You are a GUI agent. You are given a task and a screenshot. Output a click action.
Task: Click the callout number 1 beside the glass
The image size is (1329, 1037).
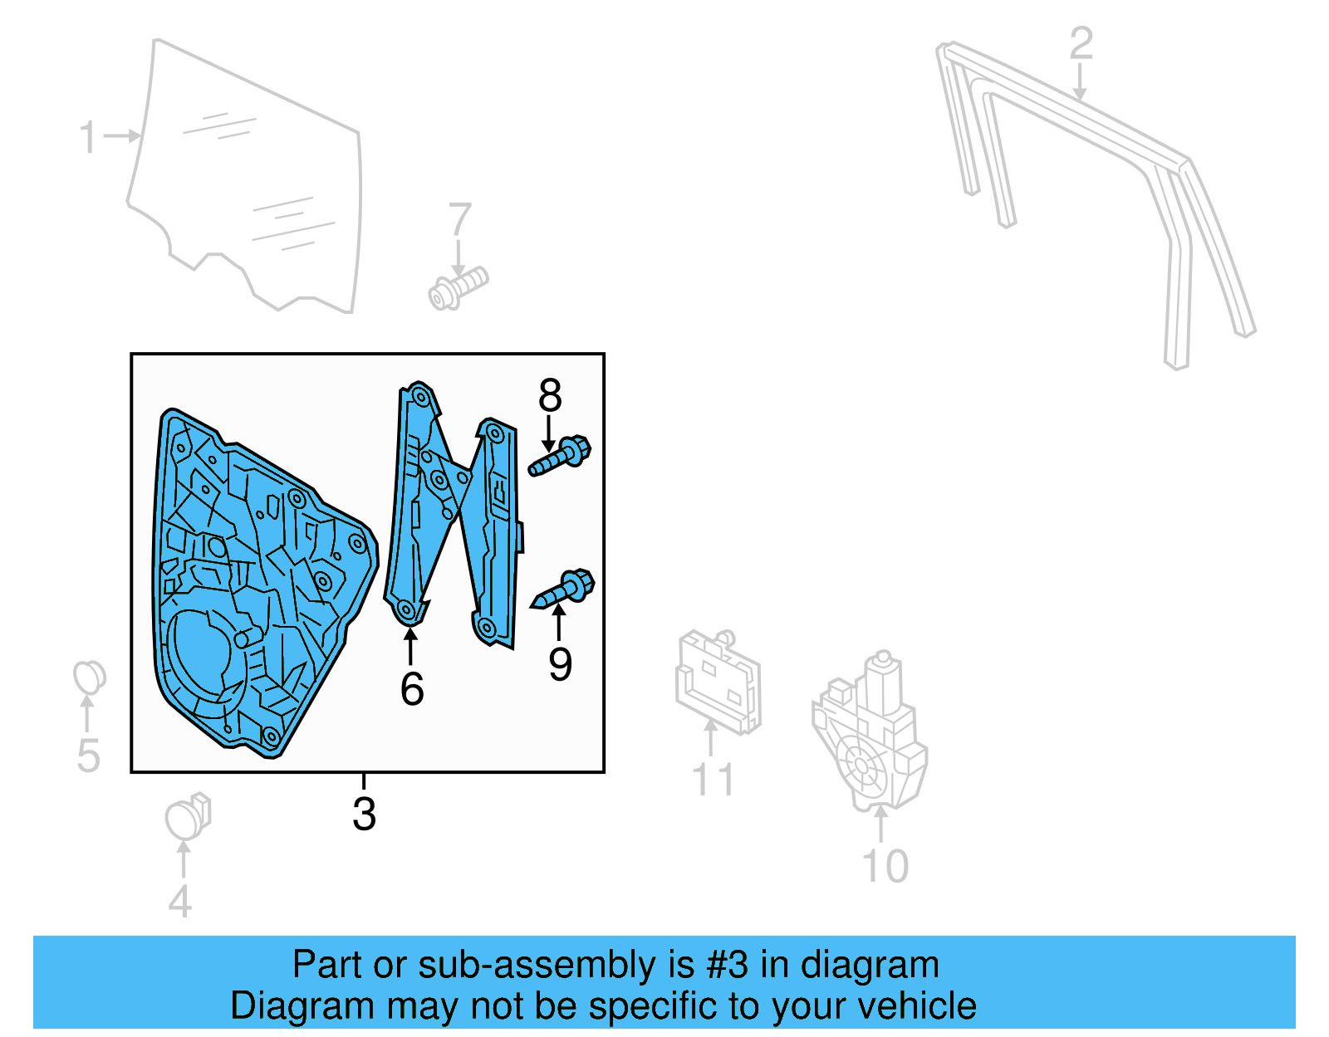click(87, 138)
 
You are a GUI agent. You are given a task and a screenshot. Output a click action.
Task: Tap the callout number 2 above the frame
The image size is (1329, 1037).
click(1080, 43)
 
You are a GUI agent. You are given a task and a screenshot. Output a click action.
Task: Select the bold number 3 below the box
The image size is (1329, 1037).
click(364, 814)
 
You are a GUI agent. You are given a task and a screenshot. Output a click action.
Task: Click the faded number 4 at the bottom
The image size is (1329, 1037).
click(180, 901)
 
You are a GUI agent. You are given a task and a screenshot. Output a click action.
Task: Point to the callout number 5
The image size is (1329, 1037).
click(88, 756)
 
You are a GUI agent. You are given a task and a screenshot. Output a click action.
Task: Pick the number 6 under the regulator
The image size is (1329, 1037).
click(412, 689)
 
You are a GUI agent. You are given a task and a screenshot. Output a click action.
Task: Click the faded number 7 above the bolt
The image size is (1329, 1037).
click(459, 220)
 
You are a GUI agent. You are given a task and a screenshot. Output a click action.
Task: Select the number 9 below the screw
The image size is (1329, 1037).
click(561, 664)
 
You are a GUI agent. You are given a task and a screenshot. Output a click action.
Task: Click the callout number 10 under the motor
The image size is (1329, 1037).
click(885, 867)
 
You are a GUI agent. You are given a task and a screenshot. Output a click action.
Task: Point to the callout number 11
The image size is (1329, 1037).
click(713, 780)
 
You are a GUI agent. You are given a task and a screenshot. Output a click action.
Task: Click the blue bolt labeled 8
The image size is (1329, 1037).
click(562, 456)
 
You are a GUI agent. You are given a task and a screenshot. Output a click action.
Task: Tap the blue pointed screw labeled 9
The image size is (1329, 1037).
click(565, 589)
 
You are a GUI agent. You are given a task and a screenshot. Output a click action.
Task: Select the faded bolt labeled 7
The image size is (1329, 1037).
click(459, 287)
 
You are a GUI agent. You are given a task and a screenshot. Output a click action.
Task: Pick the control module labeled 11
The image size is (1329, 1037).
click(718, 682)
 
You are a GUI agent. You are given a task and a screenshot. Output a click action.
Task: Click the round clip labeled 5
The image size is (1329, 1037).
click(89, 677)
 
